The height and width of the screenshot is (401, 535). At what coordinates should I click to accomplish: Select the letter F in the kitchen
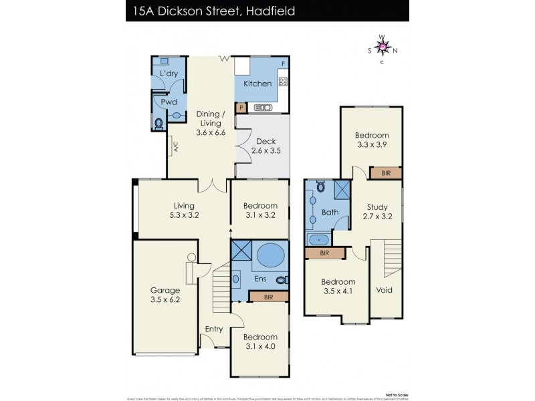coord(284,63)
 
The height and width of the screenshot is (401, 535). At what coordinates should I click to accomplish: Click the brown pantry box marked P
coord(241,107)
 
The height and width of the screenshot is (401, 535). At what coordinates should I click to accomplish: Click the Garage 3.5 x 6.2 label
coord(165,296)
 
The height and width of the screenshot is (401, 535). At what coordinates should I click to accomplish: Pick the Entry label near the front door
coord(214,328)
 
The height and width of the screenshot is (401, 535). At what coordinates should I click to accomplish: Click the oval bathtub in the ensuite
coord(270,255)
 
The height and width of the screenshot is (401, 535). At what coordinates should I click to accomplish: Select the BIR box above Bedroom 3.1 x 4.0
coord(269,295)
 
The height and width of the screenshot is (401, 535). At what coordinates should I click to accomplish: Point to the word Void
coord(384,291)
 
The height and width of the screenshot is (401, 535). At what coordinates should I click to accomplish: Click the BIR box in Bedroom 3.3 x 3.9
coord(387,173)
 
